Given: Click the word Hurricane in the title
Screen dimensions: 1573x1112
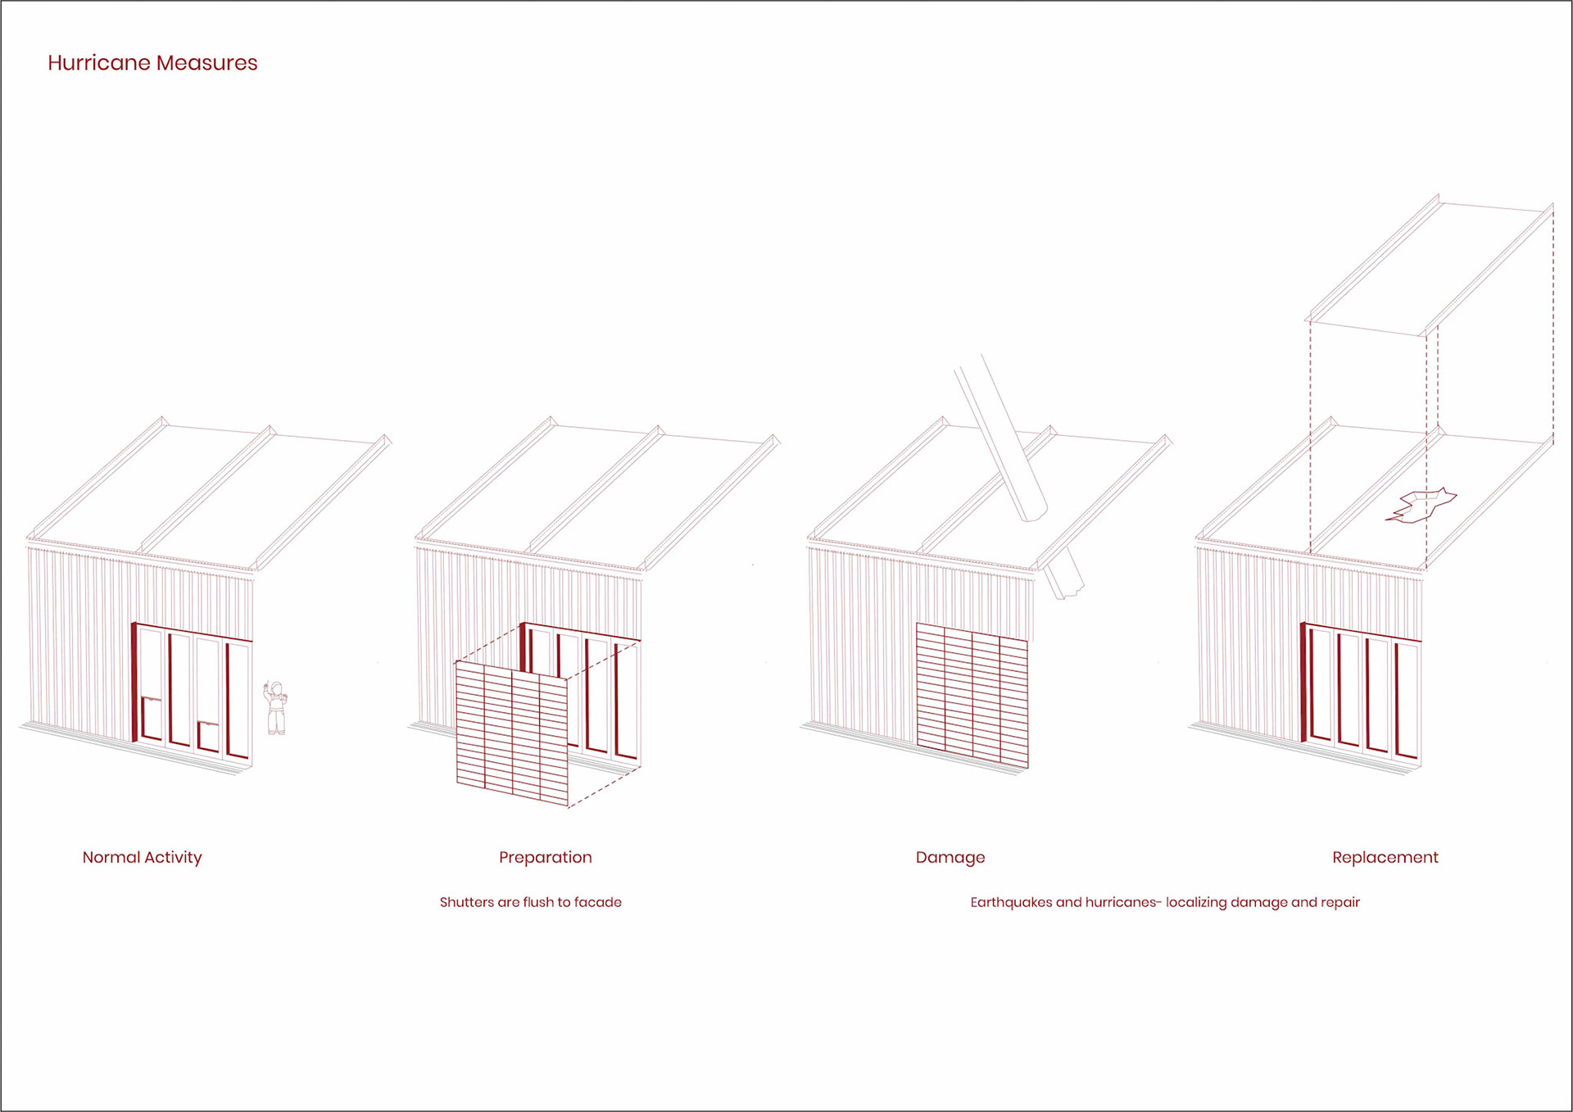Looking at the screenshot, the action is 98,63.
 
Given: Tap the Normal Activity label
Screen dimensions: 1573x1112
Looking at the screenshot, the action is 142,857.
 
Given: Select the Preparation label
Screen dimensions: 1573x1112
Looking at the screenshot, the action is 545,857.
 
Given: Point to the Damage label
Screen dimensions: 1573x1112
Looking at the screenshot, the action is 950,857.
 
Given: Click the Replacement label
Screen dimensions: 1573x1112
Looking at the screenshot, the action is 1385,857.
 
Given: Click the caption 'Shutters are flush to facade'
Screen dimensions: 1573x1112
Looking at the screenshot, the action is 530,902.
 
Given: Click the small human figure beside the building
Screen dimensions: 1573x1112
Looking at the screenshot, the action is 275,708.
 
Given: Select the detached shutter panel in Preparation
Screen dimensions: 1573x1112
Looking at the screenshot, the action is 511,733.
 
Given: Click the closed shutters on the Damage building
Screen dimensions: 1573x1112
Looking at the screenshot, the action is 972,697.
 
